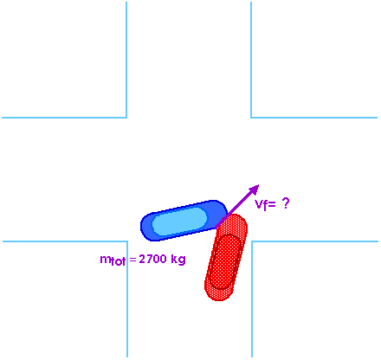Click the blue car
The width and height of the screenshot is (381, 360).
click(184, 221)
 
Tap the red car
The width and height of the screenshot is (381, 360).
click(226, 257)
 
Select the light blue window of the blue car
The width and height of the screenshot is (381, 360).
click(179, 222)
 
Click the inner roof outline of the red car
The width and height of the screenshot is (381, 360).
click(225, 261)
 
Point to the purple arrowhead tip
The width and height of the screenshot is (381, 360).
click(259, 184)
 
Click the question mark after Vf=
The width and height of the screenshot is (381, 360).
click(286, 203)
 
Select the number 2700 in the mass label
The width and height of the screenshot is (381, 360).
click(153, 259)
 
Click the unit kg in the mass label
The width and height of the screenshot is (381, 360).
click(178, 260)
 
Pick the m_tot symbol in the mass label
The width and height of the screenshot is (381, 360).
click(113, 260)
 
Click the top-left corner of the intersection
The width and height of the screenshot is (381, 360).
click(126, 118)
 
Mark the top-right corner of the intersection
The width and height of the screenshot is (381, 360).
click(251, 118)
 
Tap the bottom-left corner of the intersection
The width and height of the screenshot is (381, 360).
click(127, 241)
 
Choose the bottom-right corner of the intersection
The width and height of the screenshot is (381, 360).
click(252, 241)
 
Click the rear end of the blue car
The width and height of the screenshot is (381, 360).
click(141, 227)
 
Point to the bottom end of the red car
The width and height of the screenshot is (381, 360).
click(219, 300)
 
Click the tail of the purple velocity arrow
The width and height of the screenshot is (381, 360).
click(216, 228)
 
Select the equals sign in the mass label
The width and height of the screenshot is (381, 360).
click(132, 260)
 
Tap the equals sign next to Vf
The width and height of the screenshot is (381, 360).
click(272, 204)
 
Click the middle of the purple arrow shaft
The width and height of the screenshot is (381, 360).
click(237, 207)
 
